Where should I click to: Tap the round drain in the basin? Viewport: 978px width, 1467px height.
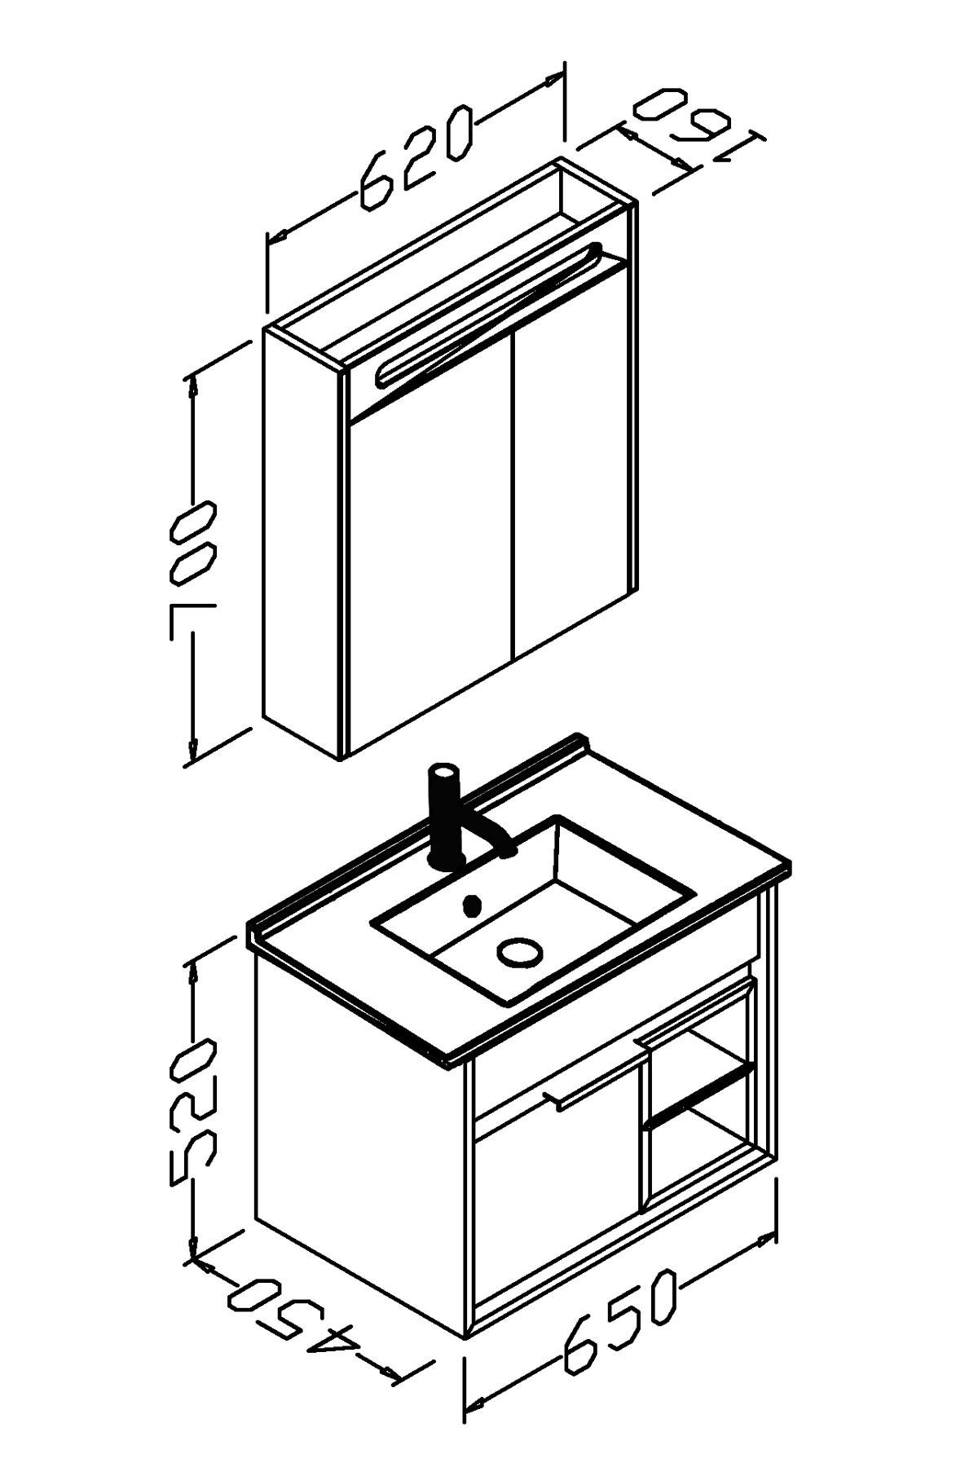(518, 950)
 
